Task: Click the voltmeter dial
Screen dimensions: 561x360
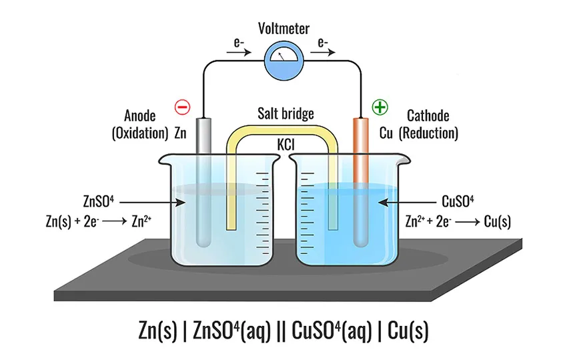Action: pos(284,59)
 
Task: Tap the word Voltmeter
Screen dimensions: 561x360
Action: pos(284,29)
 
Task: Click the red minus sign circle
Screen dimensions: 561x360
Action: pos(183,107)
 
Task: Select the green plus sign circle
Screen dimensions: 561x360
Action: pos(380,107)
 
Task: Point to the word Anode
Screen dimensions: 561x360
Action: pos(140,116)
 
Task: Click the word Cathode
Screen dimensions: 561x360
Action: pos(428,116)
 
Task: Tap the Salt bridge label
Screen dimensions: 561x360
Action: pos(286,114)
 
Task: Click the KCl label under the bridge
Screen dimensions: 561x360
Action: pos(286,145)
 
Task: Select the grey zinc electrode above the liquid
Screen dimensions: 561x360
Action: pos(203,137)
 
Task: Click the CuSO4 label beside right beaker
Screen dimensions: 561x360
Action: pos(458,201)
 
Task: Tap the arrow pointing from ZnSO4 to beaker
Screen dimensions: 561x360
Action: pos(152,203)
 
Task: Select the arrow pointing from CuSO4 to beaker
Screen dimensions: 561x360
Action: pos(407,203)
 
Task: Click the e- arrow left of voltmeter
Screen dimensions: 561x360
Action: pos(239,53)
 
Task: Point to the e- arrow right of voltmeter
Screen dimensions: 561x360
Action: pos(323,53)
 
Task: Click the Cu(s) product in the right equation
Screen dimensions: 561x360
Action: pos(497,221)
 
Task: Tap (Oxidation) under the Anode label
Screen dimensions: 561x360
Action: pos(140,133)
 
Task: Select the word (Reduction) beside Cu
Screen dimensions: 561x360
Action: pos(428,133)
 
